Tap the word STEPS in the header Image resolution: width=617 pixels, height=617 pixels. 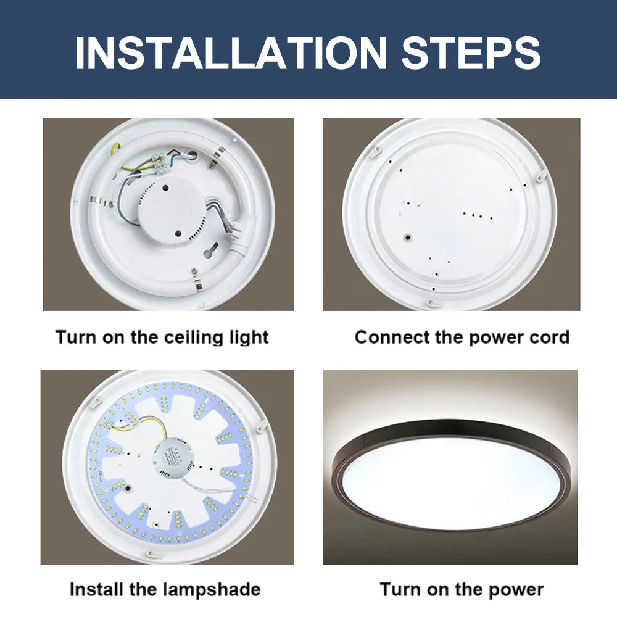tap(471, 52)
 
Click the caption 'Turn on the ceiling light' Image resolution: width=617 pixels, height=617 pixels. tap(162, 337)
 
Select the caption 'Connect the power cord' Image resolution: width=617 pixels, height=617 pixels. tap(462, 337)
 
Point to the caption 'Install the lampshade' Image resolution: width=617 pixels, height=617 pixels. tap(165, 589)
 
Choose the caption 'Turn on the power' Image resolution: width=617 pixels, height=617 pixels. tap(462, 589)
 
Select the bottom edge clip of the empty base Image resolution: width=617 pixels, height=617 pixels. tap(431, 302)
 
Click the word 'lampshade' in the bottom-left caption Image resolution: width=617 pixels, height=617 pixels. tap(212, 589)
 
